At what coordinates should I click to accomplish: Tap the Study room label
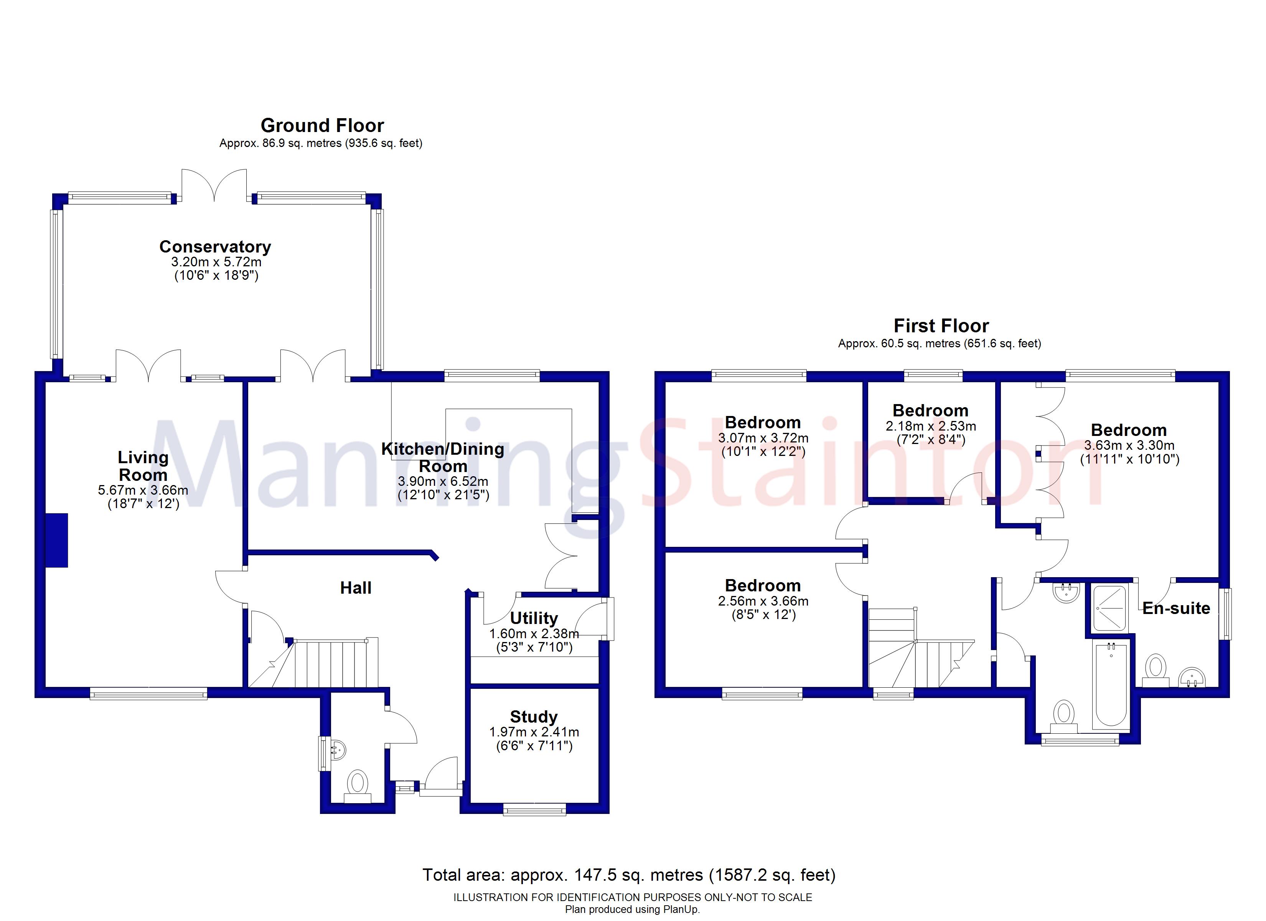point(534,716)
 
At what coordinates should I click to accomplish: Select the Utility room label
point(534,618)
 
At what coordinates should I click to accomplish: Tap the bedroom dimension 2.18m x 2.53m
point(931,426)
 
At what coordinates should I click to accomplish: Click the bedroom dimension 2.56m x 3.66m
point(763,601)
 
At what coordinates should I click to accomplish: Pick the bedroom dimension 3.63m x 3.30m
point(1129,445)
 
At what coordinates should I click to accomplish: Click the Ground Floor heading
point(322,125)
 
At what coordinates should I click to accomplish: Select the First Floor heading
point(941,326)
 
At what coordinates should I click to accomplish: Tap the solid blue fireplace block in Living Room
point(56,540)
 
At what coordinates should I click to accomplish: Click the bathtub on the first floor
point(1111,685)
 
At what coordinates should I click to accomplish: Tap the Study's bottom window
point(534,809)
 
